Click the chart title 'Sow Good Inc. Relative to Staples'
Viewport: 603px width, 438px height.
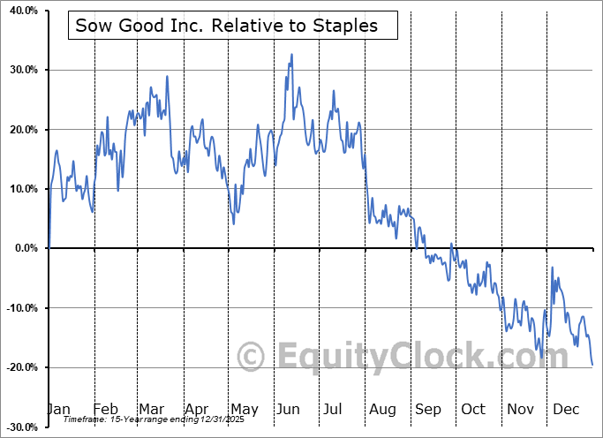pyautogui.click(x=227, y=26)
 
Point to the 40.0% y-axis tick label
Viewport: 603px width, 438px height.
pyautogui.click(x=19, y=11)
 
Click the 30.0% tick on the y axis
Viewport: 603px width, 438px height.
pyautogui.click(x=19, y=70)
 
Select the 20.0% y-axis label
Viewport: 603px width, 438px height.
pyautogui.click(x=19, y=130)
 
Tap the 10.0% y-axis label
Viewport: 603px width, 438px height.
pyautogui.click(x=19, y=189)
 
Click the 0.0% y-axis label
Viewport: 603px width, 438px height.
pyautogui.click(x=22, y=248)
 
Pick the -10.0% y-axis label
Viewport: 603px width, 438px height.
pyautogui.click(x=19, y=308)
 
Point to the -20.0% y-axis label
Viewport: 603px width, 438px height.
pyautogui.click(x=19, y=367)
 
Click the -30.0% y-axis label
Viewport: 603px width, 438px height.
pyautogui.click(x=19, y=427)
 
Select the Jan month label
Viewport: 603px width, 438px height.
pyautogui.click(x=57, y=409)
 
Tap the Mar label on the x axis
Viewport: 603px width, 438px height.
pyautogui.click(x=152, y=409)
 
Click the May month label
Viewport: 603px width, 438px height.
pyautogui.click(x=244, y=409)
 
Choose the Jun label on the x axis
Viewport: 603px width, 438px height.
pyautogui.click(x=289, y=409)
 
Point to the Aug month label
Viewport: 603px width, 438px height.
pyautogui.click(x=382, y=409)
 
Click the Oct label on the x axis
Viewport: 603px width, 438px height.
pyautogui.click(x=473, y=409)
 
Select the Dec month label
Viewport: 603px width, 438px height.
pyautogui.click(x=566, y=409)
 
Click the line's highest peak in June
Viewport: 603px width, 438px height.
pyautogui.click(x=291, y=55)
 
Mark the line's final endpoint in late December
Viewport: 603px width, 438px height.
pyautogui.click(x=592, y=365)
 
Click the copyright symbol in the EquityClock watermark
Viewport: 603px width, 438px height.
pyautogui.click(x=253, y=357)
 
